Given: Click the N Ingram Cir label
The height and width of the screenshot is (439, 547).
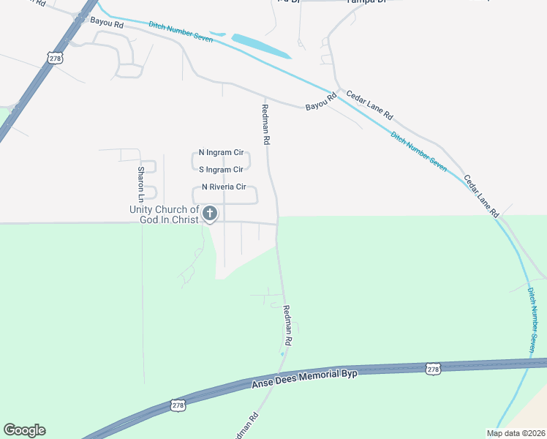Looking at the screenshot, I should [x=221, y=153].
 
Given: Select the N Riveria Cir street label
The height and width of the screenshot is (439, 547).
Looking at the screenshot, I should [x=224, y=187].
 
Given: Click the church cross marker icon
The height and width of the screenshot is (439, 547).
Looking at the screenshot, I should [x=210, y=214].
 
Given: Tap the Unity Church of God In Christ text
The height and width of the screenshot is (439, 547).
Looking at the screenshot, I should [x=164, y=215].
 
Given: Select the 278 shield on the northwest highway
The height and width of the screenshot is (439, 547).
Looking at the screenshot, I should [x=56, y=56].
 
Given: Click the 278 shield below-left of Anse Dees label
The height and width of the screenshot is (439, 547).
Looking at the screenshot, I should [x=178, y=405].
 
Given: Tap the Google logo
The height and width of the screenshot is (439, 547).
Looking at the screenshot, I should [x=24, y=430].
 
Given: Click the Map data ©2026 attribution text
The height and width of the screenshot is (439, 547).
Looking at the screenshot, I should [x=515, y=433].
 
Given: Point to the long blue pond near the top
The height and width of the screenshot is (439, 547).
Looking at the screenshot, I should [x=260, y=46].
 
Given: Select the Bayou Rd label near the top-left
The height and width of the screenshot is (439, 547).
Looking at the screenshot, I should [x=107, y=23].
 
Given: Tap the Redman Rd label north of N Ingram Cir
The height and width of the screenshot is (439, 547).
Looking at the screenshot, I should [x=266, y=123].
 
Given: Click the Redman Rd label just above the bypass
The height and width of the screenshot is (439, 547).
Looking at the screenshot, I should [x=287, y=326].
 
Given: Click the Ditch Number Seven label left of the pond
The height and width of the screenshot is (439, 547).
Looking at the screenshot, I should [x=181, y=31].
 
